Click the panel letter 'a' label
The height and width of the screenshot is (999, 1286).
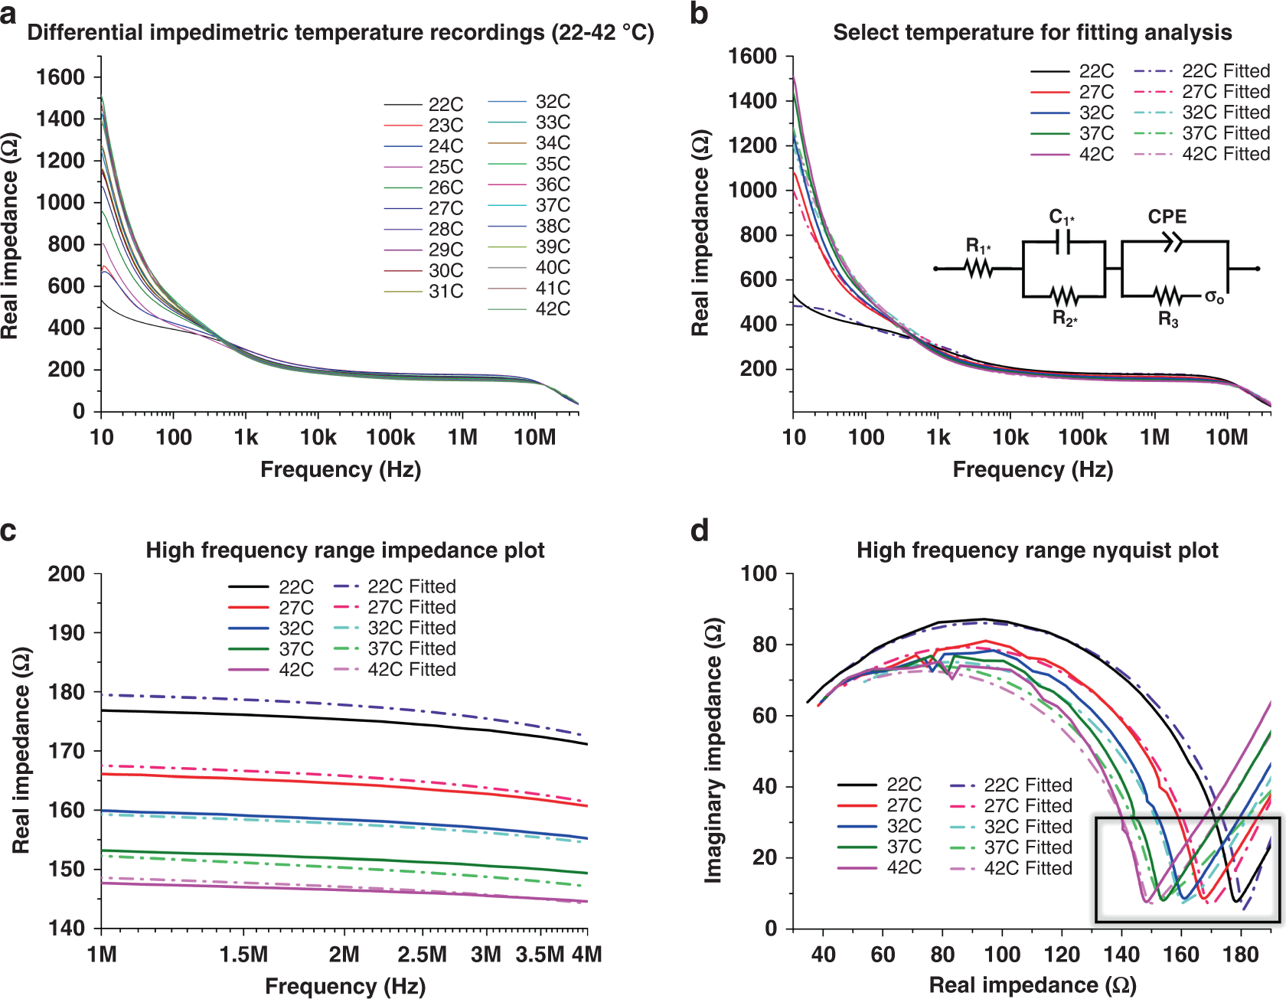tap(8, 14)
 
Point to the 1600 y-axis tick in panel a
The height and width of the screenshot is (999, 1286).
tap(60, 77)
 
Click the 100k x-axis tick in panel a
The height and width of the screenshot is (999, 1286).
tap(390, 437)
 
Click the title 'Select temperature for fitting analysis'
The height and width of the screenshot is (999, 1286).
tap(1032, 32)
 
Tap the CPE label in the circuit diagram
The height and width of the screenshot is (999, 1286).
tap(1167, 217)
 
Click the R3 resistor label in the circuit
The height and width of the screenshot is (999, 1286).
tap(1168, 319)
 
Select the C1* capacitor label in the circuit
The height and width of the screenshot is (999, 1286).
tap(1061, 217)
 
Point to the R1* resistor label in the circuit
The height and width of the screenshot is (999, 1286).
tap(978, 246)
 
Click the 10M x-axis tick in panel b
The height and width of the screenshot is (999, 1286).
tap(1226, 437)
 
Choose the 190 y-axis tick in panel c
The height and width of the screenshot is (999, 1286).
tap(67, 632)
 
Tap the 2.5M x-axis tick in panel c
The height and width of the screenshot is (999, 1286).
tap(422, 955)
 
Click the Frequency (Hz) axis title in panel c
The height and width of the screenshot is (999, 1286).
tap(344, 986)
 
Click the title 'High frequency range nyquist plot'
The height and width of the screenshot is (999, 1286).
tap(1036, 550)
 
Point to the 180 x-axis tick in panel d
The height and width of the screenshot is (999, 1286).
tap(1240, 955)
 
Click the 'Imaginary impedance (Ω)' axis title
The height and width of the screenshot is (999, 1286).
tap(713, 750)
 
